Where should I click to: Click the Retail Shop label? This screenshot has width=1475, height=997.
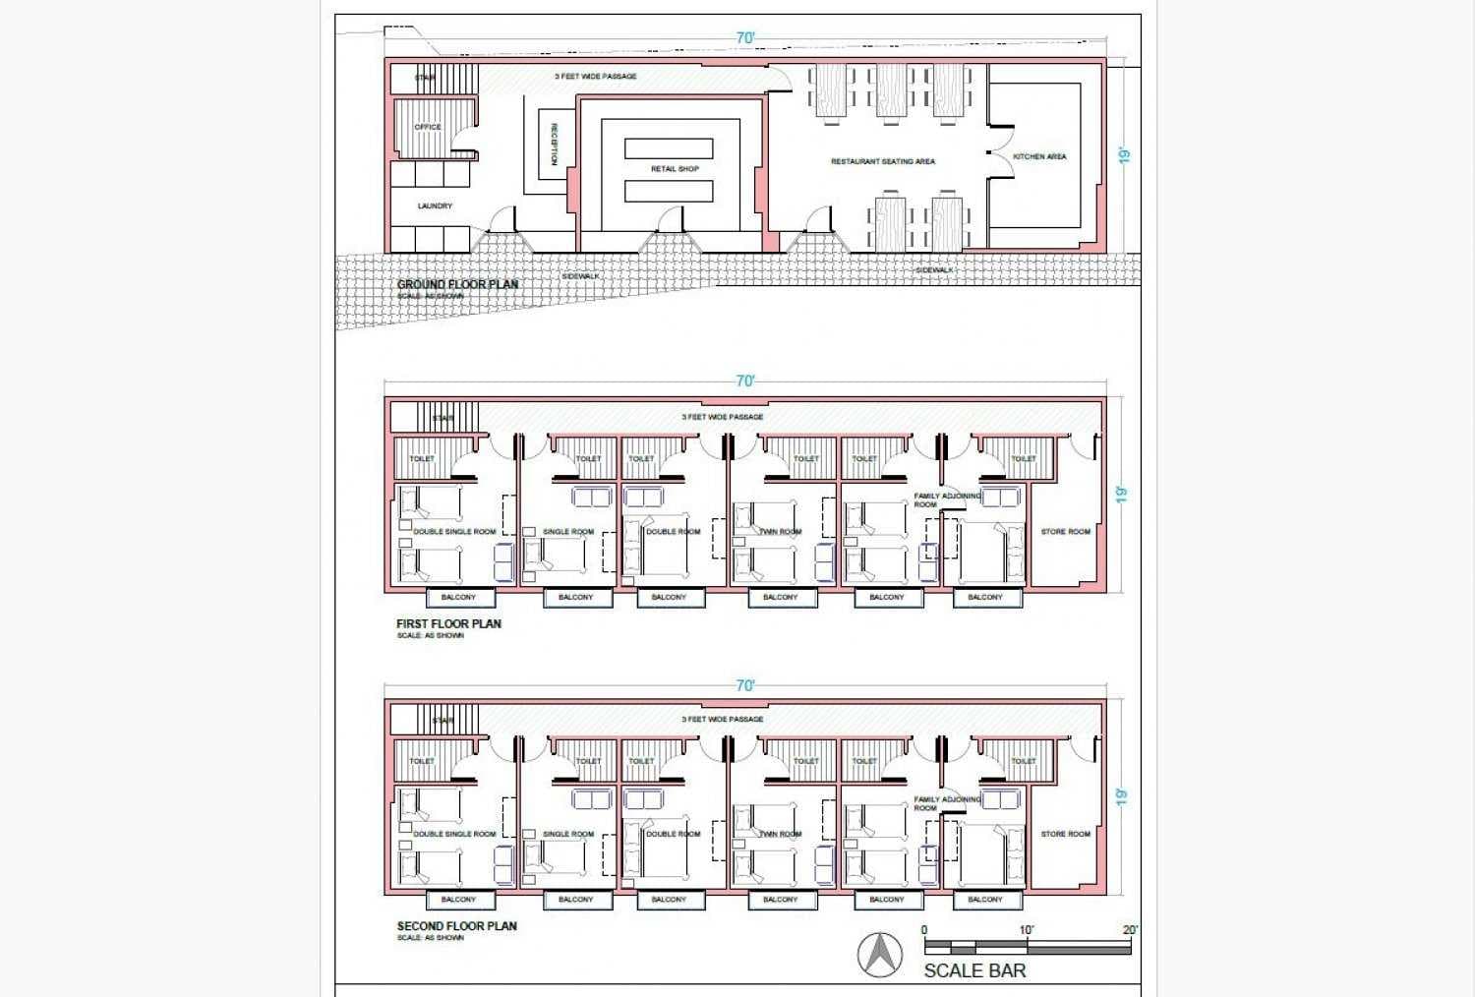pos(675,169)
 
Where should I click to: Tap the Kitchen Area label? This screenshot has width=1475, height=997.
pos(1039,156)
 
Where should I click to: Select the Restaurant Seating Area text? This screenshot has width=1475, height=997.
pos(882,161)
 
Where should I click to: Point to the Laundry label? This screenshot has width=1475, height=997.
pos(435,206)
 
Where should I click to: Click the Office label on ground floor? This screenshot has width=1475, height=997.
pos(428,127)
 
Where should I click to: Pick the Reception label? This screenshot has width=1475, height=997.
pos(555,145)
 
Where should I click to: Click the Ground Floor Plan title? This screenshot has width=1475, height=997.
pos(457,285)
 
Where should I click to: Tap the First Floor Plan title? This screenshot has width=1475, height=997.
pos(448,623)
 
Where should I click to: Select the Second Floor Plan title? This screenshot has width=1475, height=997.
pos(456,926)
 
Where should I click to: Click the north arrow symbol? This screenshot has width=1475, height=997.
pos(880,955)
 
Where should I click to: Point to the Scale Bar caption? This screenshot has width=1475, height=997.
pos(974,971)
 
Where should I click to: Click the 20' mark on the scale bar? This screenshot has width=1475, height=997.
pos(1130,930)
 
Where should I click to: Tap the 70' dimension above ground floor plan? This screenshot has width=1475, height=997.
pos(745,38)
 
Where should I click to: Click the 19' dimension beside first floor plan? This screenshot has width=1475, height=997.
pos(1123,495)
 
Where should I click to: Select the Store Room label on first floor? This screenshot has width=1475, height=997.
pos(1065,532)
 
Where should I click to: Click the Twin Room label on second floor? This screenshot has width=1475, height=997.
pos(781,834)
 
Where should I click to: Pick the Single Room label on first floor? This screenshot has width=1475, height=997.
pos(568,532)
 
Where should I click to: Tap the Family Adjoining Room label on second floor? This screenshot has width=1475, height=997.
pos(947,804)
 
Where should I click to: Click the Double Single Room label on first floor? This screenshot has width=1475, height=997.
pos(454,532)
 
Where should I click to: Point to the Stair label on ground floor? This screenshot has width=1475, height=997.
pos(425,78)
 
